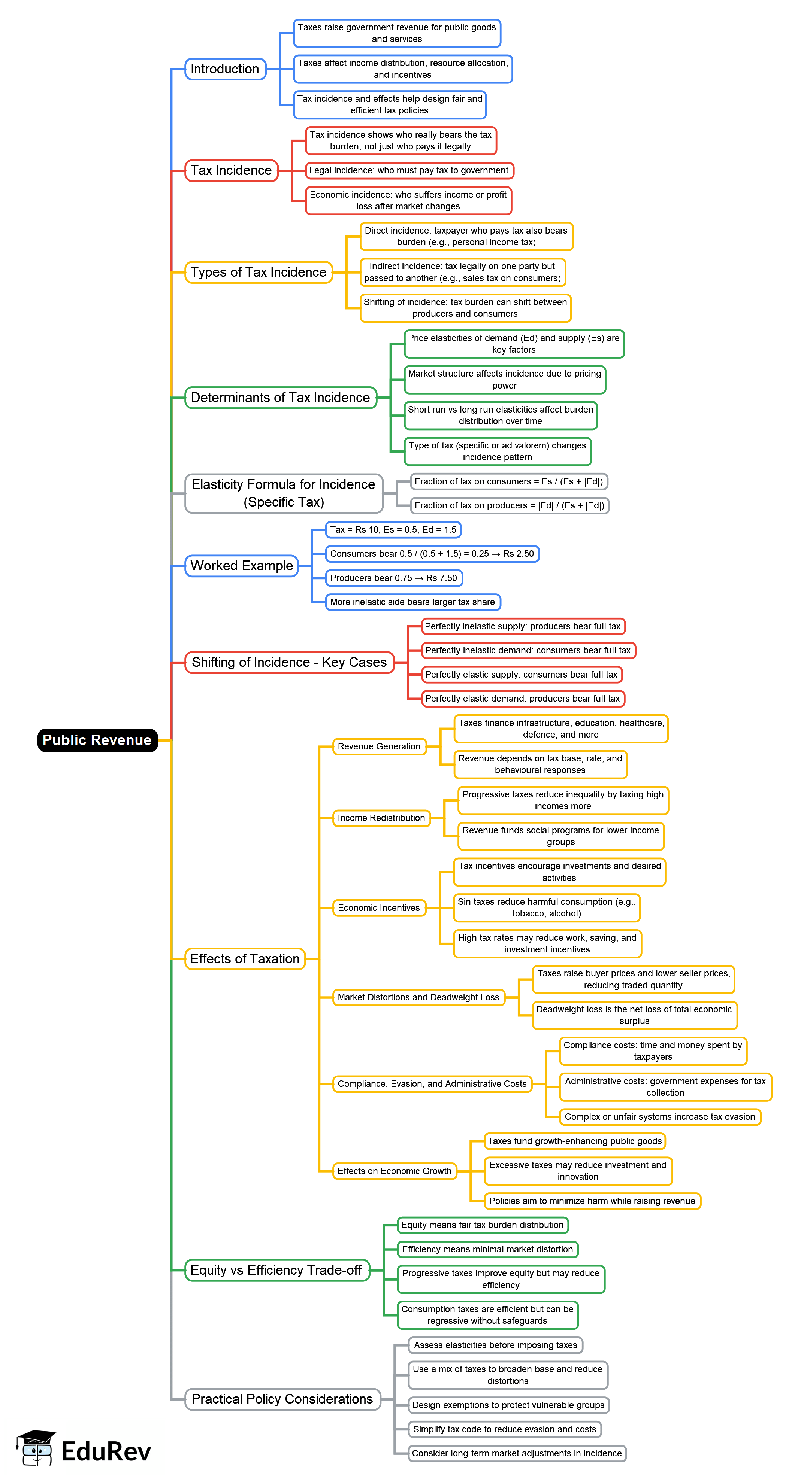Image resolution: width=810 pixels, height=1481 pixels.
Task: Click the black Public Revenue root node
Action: (97, 740)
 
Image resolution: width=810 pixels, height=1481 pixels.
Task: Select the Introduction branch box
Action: (225, 69)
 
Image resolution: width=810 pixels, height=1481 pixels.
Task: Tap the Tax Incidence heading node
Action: (231, 171)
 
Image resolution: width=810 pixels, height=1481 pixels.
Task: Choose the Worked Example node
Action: (242, 566)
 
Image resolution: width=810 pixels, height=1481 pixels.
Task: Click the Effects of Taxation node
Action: (245, 959)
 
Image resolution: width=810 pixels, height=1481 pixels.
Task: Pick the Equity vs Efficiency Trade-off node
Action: (276, 1270)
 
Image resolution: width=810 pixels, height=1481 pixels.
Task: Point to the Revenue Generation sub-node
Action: (379, 746)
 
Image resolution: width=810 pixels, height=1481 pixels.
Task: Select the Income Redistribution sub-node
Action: (381, 818)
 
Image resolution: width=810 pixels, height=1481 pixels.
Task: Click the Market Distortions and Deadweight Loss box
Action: (418, 997)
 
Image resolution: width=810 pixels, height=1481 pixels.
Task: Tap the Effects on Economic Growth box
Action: (394, 1171)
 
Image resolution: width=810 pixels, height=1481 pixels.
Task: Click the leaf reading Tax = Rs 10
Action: (393, 529)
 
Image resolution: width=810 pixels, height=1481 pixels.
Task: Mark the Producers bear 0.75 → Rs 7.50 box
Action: (393, 578)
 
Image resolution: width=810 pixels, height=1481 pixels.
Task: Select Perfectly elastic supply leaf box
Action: (521, 674)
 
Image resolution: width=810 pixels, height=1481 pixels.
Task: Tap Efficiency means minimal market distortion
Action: (487, 1249)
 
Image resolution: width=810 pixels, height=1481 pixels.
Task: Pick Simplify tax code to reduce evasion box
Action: (505, 1429)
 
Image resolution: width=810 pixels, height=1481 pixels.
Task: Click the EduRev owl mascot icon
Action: (36, 1448)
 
